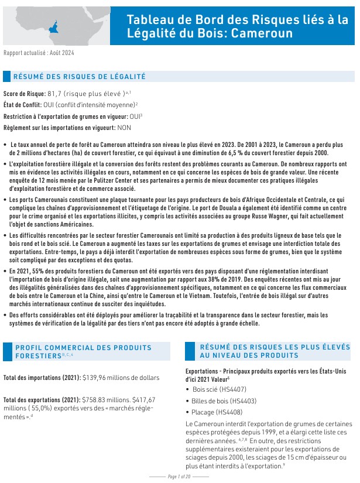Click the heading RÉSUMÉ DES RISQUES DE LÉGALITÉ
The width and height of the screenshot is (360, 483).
click(79, 77)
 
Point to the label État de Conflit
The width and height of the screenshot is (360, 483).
click(22, 104)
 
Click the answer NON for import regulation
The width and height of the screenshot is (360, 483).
click(125, 127)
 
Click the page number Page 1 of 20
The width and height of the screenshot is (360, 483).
click(180, 477)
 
